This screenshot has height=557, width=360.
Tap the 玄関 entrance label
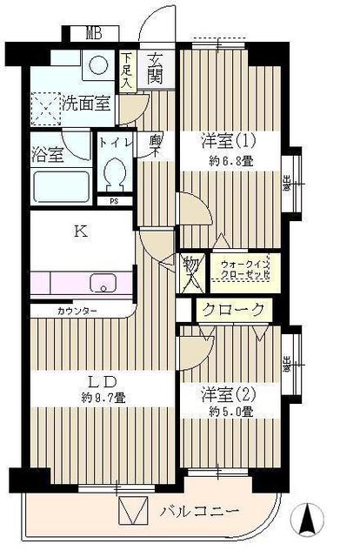(x=156, y=69)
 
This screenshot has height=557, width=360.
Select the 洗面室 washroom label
(x=85, y=104)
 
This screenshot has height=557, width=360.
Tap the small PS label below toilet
(x=113, y=201)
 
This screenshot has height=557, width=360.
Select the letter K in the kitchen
(x=80, y=232)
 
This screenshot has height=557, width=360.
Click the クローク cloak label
(x=233, y=310)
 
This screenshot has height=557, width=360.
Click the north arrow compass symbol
(x=306, y=521)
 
